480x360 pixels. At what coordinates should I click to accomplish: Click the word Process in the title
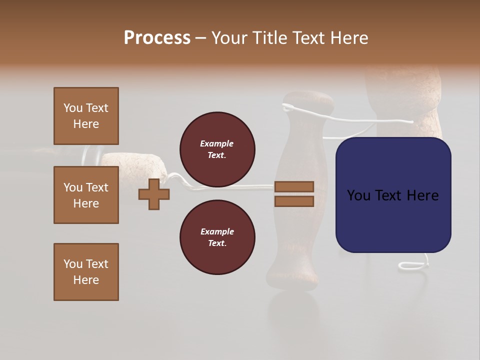[x=157, y=38]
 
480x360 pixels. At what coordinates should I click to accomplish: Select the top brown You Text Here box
[x=86, y=116]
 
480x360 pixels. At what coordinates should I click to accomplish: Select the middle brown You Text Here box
[x=86, y=195]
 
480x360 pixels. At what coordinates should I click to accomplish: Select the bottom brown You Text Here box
[x=86, y=272]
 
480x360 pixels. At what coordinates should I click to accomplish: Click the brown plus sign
[x=154, y=194]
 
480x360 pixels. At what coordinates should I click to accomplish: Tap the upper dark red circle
[x=217, y=149]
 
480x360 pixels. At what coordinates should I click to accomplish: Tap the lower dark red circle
[x=217, y=237]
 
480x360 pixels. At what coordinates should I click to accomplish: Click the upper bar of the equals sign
[x=294, y=186]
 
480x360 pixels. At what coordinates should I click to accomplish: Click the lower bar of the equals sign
[x=294, y=201]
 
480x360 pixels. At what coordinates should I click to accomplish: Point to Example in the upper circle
[x=216, y=143]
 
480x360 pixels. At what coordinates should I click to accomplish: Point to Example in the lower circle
[x=216, y=231]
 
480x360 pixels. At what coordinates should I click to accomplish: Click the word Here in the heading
[x=349, y=38]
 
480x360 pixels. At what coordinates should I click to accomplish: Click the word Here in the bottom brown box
[x=86, y=280]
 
